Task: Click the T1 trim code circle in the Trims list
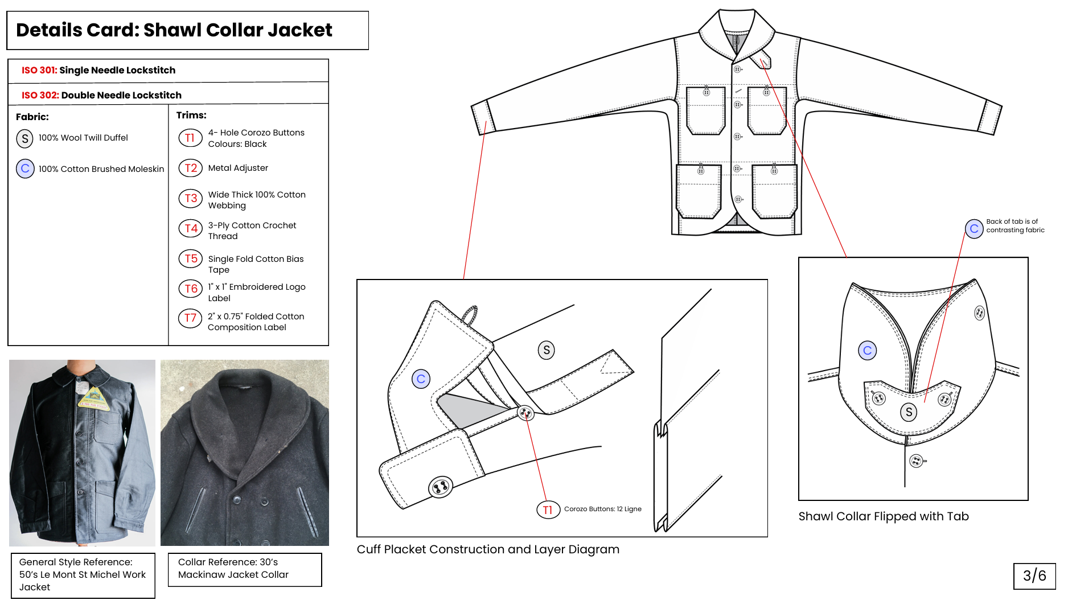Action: coord(190,138)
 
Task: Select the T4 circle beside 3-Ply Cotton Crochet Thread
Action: coord(191,228)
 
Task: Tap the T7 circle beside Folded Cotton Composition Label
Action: coord(190,318)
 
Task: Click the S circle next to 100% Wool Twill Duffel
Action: coord(25,138)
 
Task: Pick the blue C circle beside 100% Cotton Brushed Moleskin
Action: coord(25,169)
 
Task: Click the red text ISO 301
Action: coord(39,70)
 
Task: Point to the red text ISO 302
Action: coord(40,95)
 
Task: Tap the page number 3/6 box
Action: coord(1034,576)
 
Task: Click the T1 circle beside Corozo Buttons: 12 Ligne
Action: coord(548,509)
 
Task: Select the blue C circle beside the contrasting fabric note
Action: coord(974,229)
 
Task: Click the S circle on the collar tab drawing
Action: coord(909,412)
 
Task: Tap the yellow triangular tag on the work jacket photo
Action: coord(93,398)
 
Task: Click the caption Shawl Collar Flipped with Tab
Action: coord(884,516)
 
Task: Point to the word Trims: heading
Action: coord(191,115)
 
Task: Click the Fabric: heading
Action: coord(32,117)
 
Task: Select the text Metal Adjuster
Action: coord(238,168)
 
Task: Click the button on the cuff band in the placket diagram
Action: coord(440,487)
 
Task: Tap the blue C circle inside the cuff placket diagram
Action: coord(421,379)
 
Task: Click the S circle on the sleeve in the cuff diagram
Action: coord(547,350)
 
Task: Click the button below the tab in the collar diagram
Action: coord(917,461)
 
